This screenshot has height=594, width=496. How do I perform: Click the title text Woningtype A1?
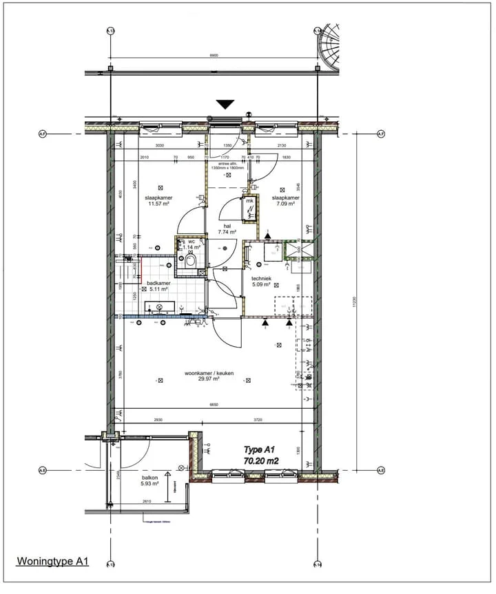[52, 562]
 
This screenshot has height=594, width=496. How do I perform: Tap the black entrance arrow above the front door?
[225, 105]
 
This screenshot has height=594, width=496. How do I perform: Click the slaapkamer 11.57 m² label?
[158, 201]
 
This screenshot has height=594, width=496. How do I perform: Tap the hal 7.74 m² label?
[227, 229]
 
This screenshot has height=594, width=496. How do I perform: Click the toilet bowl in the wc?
[190, 261]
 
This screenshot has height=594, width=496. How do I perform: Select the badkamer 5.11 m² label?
[158, 286]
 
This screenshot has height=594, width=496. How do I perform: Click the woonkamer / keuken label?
[209, 376]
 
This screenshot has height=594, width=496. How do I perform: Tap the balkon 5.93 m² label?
[151, 480]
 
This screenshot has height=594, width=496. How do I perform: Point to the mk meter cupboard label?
[249, 201]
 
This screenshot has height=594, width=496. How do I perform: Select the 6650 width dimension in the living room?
[214, 405]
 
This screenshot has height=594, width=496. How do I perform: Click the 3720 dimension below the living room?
[258, 419]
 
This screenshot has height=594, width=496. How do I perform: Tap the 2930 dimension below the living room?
[158, 419]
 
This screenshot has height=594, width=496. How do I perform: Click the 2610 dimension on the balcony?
[147, 502]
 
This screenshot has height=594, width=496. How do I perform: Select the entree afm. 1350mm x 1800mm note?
[227, 165]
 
